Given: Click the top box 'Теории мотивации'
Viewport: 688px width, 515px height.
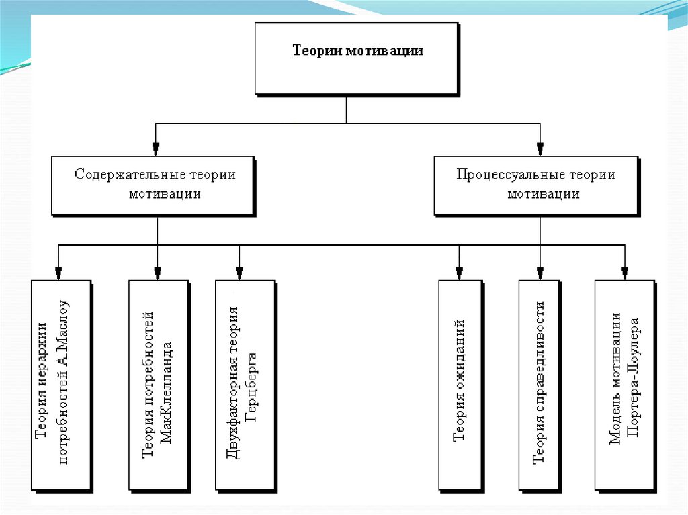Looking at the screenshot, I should click(357, 58).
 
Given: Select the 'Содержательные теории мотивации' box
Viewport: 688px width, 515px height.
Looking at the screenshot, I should click(154, 185).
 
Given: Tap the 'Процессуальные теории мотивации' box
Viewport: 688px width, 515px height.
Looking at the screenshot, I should click(535, 185).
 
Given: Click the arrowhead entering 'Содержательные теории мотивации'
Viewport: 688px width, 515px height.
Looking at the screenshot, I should click(156, 148).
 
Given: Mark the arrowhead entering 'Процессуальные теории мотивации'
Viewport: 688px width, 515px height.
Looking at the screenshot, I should click(540, 148).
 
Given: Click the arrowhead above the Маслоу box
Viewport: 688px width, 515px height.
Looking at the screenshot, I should click(59, 272).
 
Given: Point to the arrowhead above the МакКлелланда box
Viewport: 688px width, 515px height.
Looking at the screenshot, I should click(157, 272).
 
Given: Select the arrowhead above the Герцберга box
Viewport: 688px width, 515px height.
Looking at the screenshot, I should click(239, 272).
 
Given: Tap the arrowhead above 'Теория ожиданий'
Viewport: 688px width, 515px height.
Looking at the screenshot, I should click(460, 272).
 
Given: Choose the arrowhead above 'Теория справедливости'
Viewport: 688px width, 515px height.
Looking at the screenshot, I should click(540, 272).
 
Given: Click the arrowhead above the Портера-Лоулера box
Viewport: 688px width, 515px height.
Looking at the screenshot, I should click(625, 272).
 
